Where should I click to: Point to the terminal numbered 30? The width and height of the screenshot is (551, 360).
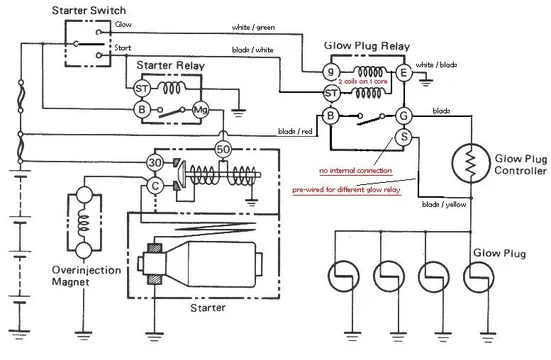(x=156, y=162)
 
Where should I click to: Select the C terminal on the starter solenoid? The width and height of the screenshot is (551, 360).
(x=156, y=186)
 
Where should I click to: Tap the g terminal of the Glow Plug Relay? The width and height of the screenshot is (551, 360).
(x=330, y=71)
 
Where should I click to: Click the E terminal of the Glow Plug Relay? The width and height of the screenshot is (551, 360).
(x=405, y=71)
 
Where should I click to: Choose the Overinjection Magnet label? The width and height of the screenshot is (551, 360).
(x=38, y=274)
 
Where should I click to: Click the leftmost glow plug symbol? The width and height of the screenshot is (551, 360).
(x=339, y=277)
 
